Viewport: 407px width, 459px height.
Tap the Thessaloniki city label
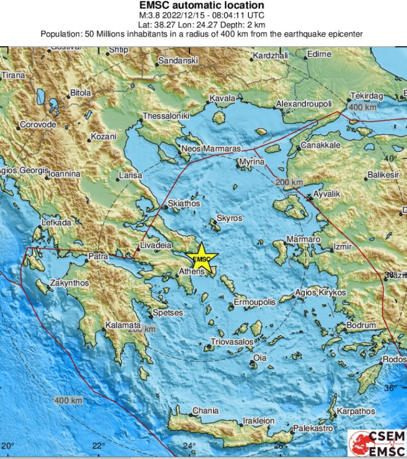coord(166,116)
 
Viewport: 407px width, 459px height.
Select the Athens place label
coord(191,271)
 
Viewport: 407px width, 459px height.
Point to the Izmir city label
coord(343,247)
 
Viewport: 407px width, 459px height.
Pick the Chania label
coord(205,410)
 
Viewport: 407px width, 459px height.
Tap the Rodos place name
coord(394,360)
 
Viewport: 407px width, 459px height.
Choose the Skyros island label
coord(229,218)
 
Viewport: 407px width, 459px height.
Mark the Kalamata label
coord(123,325)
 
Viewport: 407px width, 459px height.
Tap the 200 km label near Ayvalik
coord(289,182)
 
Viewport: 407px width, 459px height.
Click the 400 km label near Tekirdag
coord(363,107)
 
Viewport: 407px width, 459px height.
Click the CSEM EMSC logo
coord(376,442)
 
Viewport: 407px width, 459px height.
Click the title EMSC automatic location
coord(202,6)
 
